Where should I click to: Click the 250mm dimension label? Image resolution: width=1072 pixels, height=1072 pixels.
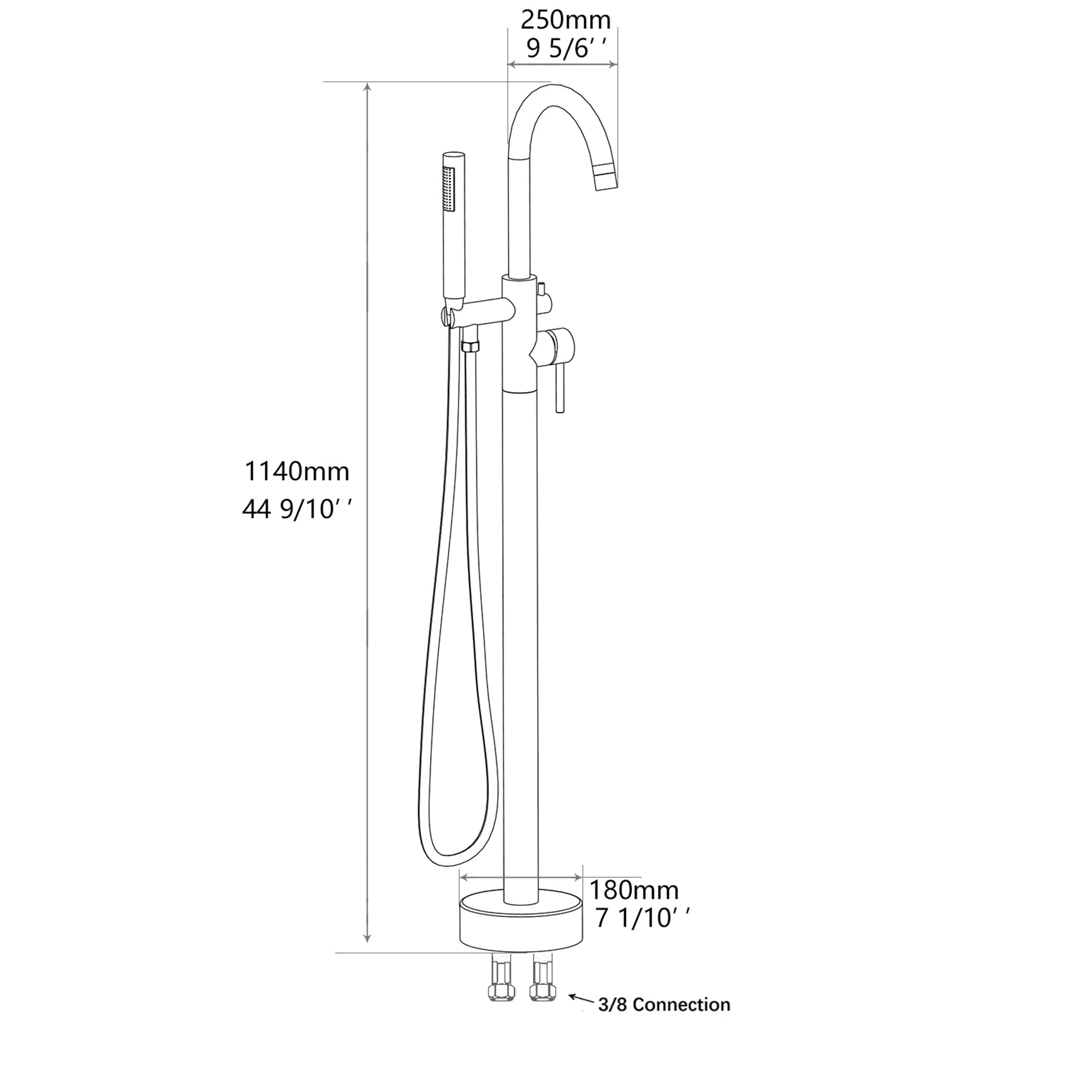pos(565,20)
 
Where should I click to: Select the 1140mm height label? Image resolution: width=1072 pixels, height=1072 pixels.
pos(297,472)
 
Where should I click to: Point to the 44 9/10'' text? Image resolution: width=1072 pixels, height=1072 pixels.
pos(297,509)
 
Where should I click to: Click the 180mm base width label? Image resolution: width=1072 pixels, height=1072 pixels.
pos(634,890)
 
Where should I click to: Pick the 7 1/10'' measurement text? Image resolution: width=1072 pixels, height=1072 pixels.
pos(642,919)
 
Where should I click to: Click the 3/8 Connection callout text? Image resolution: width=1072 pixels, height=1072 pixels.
pos(664,1005)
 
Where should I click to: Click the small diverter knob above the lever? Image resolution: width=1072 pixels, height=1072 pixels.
pos(542,290)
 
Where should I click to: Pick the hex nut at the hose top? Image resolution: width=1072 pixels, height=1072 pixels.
pos(470,346)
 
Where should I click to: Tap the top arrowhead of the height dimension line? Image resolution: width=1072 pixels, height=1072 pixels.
pos(368,87)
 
